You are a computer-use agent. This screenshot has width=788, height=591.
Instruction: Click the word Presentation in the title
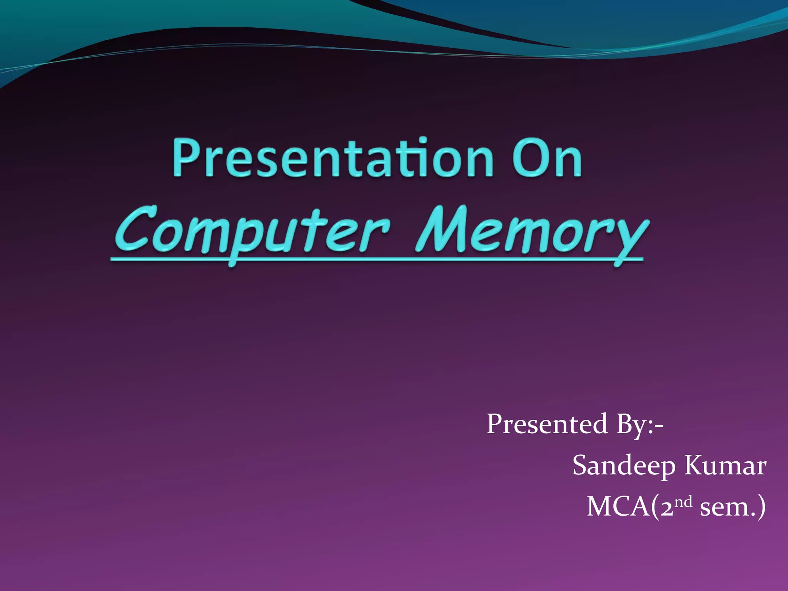[333, 159]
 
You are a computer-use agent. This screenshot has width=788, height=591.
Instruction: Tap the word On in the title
[547, 159]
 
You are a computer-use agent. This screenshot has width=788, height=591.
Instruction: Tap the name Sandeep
[624, 466]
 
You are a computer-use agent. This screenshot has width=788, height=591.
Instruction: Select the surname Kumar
[725, 466]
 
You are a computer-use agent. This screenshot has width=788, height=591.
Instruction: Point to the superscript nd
[684, 501]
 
